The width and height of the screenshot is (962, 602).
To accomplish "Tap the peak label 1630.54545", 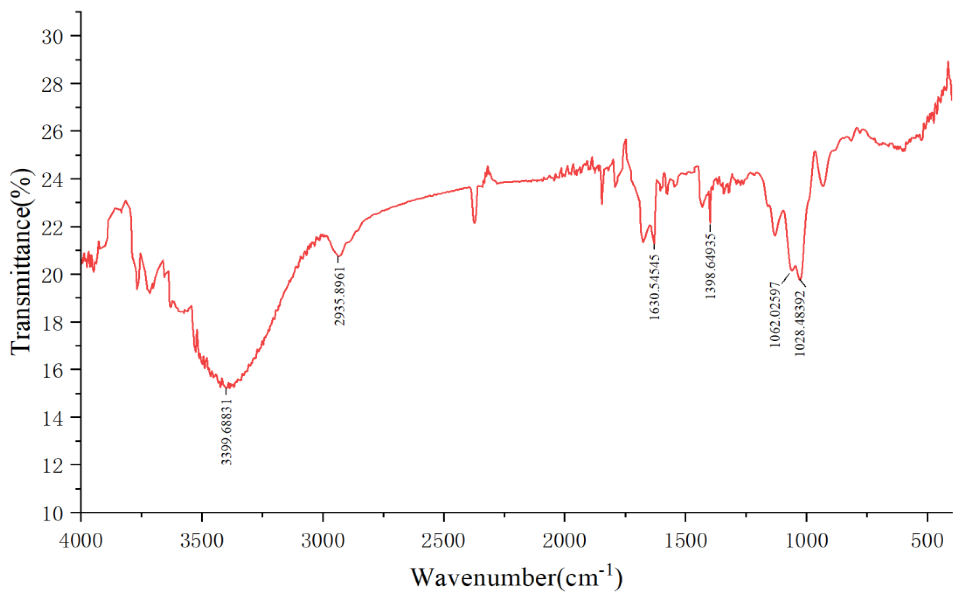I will pyautogui.click(x=654, y=287).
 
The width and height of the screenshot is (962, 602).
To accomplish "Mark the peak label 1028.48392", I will pyautogui.click(x=800, y=323).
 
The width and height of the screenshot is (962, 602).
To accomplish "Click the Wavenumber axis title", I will pyautogui.click(x=516, y=577).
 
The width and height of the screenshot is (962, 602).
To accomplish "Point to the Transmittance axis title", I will pyautogui.click(x=21, y=261).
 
